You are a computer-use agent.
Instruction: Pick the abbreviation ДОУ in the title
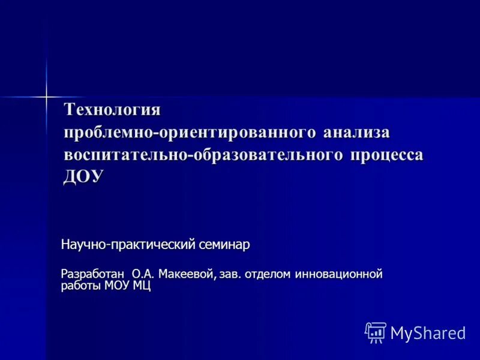tap(84, 176)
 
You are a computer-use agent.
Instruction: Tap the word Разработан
tap(92, 274)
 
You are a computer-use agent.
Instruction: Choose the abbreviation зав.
tap(230, 274)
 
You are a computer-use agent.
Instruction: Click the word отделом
tap(268, 274)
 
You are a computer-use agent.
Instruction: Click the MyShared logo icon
tap(375, 332)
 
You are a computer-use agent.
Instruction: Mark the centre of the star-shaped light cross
tap(46, 96)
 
